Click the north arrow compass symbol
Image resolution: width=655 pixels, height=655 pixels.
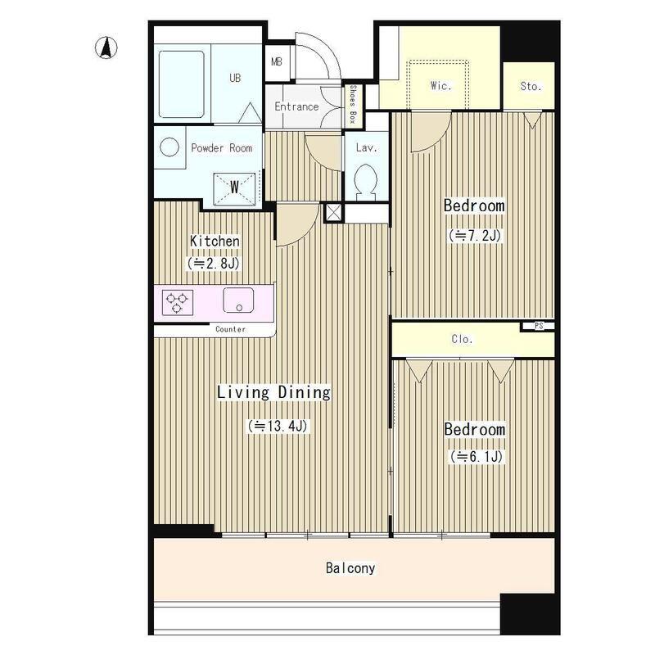[106, 47]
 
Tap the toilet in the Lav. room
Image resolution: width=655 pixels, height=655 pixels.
[365, 182]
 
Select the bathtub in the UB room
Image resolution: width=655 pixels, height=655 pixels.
[182, 84]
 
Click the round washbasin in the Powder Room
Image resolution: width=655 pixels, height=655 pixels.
[169, 147]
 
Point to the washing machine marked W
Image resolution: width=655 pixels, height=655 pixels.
[234, 189]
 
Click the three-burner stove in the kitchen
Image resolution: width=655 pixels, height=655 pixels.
[178, 302]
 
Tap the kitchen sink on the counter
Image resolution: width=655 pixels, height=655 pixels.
[238, 300]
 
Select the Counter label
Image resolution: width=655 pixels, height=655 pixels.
[230, 329]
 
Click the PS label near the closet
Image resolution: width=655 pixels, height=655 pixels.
[539, 326]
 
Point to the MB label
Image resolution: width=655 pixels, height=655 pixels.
[277, 62]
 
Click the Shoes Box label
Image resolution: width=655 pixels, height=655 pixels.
[353, 104]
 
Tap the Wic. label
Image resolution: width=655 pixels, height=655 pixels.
[440, 86]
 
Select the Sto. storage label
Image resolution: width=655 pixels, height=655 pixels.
[531, 87]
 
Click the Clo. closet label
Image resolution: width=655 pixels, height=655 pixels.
[462, 339]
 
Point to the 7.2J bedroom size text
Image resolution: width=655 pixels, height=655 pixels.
[475, 236]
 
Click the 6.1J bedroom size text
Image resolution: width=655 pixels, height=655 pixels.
[477, 457]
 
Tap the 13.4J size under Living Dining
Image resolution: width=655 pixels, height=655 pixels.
[278, 426]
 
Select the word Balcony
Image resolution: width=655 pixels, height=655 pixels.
[350, 568]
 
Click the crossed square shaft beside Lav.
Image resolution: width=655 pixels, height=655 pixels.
[333, 213]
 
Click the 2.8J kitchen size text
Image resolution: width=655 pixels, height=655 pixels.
[214, 264]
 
